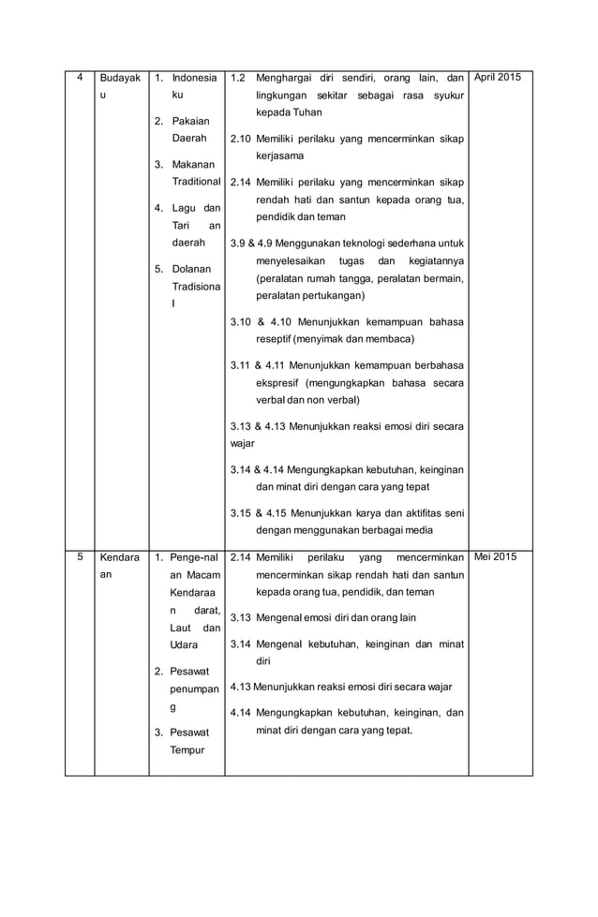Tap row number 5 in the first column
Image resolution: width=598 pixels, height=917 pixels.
click(x=80, y=556)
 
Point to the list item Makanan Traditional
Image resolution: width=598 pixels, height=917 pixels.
click(x=195, y=172)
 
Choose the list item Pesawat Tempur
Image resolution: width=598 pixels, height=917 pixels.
click(x=192, y=740)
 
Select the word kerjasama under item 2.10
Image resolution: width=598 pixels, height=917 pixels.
click(x=279, y=155)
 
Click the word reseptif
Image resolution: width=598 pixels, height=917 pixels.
click(x=277, y=338)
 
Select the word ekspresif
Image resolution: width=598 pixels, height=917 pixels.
click(x=280, y=382)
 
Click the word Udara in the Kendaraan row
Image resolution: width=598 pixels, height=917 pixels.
click(x=185, y=645)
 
